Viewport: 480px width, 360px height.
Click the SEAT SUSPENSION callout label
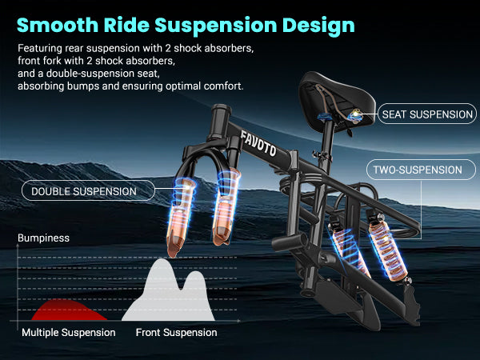tap(427, 114)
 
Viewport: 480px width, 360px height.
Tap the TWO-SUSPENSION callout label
tap(417, 170)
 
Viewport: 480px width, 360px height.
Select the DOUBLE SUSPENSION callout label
tap(83, 191)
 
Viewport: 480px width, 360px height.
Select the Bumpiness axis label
tap(44, 238)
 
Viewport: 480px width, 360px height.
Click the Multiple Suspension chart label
tap(69, 332)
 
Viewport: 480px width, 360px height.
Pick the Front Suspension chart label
tap(176, 332)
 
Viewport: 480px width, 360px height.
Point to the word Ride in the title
tap(131, 24)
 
